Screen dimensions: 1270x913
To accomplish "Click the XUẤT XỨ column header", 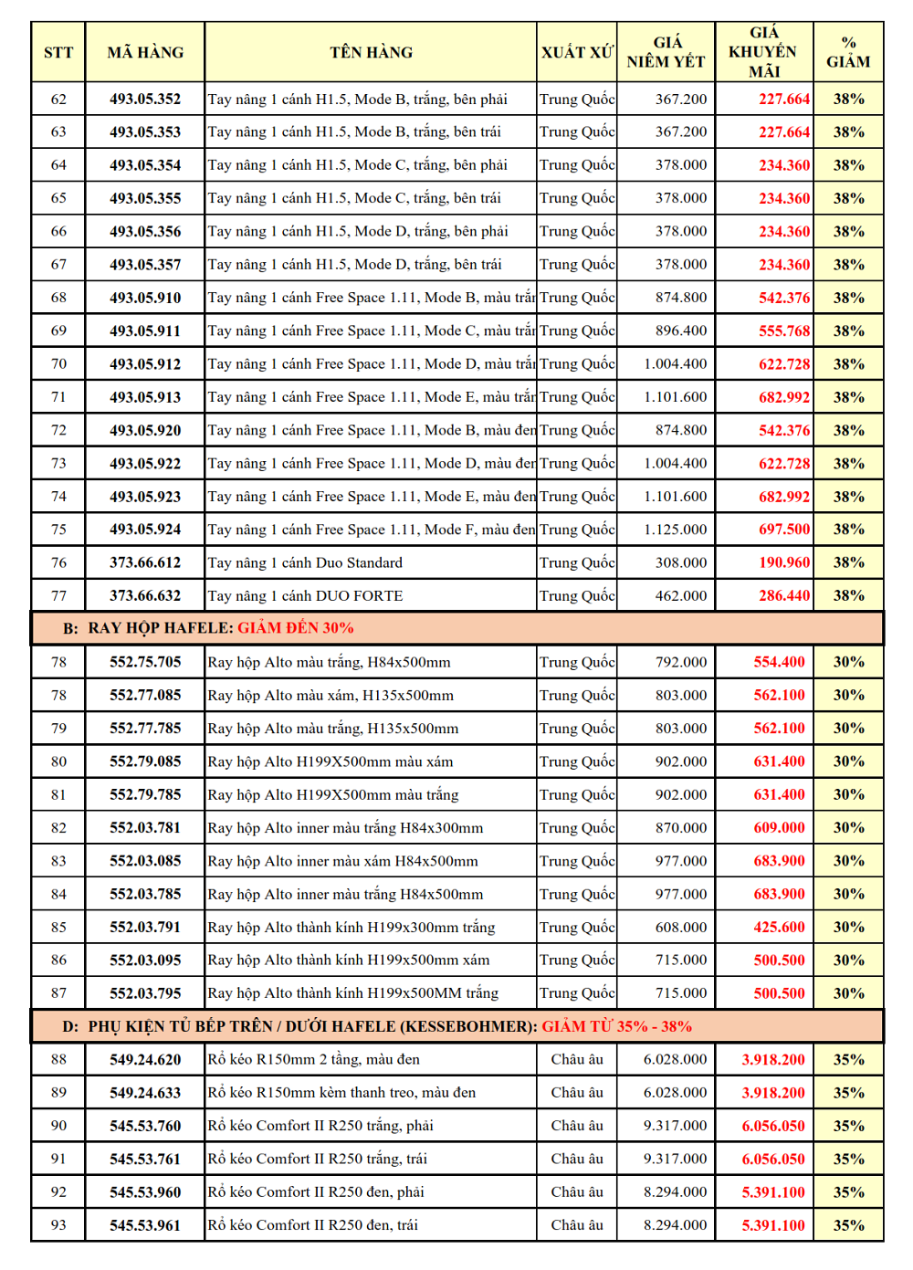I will coord(577,53).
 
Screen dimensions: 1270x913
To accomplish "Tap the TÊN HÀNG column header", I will coord(371,53).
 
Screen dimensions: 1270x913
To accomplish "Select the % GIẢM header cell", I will coord(848,53).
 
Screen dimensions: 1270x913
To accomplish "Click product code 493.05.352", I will coord(145,100).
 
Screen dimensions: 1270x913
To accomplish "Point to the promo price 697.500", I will coord(784,530).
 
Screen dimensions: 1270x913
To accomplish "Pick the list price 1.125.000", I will coord(675,530).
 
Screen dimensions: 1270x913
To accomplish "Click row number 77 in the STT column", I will coord(58,596).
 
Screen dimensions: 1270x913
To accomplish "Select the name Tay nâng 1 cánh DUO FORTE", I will coord(305,596).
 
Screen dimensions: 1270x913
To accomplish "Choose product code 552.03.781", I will coord(145,828).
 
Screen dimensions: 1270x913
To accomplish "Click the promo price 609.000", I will coord(779,828).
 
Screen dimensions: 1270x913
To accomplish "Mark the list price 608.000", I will coord(680,928).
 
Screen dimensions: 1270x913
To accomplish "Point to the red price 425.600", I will coord(779,928).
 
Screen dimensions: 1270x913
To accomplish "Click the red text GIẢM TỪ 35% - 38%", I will coord(616,1026).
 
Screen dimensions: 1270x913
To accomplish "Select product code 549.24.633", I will coord(145,1093).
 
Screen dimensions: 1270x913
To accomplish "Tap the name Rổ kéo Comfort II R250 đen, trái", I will coord(312,1225).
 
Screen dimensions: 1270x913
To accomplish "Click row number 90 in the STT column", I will coord(58,1126).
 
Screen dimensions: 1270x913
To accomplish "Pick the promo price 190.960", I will coord(784,562).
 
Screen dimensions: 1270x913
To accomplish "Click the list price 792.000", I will coord(680,662).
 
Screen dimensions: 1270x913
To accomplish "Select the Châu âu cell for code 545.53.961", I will coord(576,1225).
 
